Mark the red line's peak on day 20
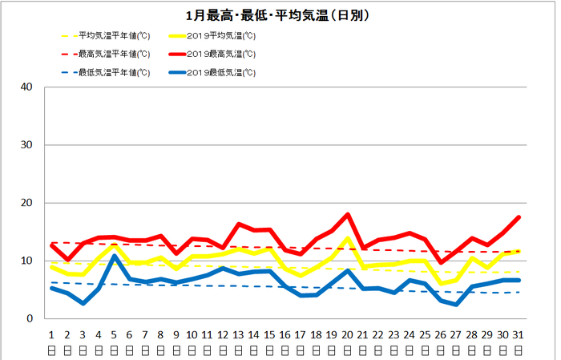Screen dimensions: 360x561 pyautogui.click(x=348, y=214)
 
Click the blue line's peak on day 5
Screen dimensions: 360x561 pyautogui.click(x=115, y=256)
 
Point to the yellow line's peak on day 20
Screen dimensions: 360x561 pyautogui.click(x=348, y=238)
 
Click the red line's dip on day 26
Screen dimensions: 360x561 pyautogui.click(x=441, y=262)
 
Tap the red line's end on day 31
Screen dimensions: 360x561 pyautogui.click(x=519, y=217)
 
